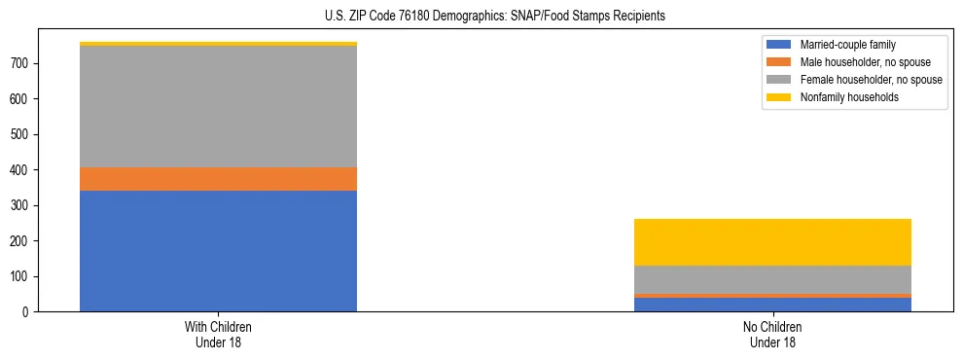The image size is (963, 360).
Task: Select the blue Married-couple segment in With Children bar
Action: (x=218, y=251)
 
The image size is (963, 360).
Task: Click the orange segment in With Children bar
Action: (x=218, y=179)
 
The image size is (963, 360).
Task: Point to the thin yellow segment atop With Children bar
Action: (x=218, y=44)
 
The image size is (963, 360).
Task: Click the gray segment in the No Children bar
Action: (x=772, y=279)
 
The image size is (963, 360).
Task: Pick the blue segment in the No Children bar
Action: (x=772, y=305)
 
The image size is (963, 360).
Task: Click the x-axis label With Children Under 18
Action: (x=218, y=334)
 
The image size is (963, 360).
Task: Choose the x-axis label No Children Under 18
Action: (x=772, y=334)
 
